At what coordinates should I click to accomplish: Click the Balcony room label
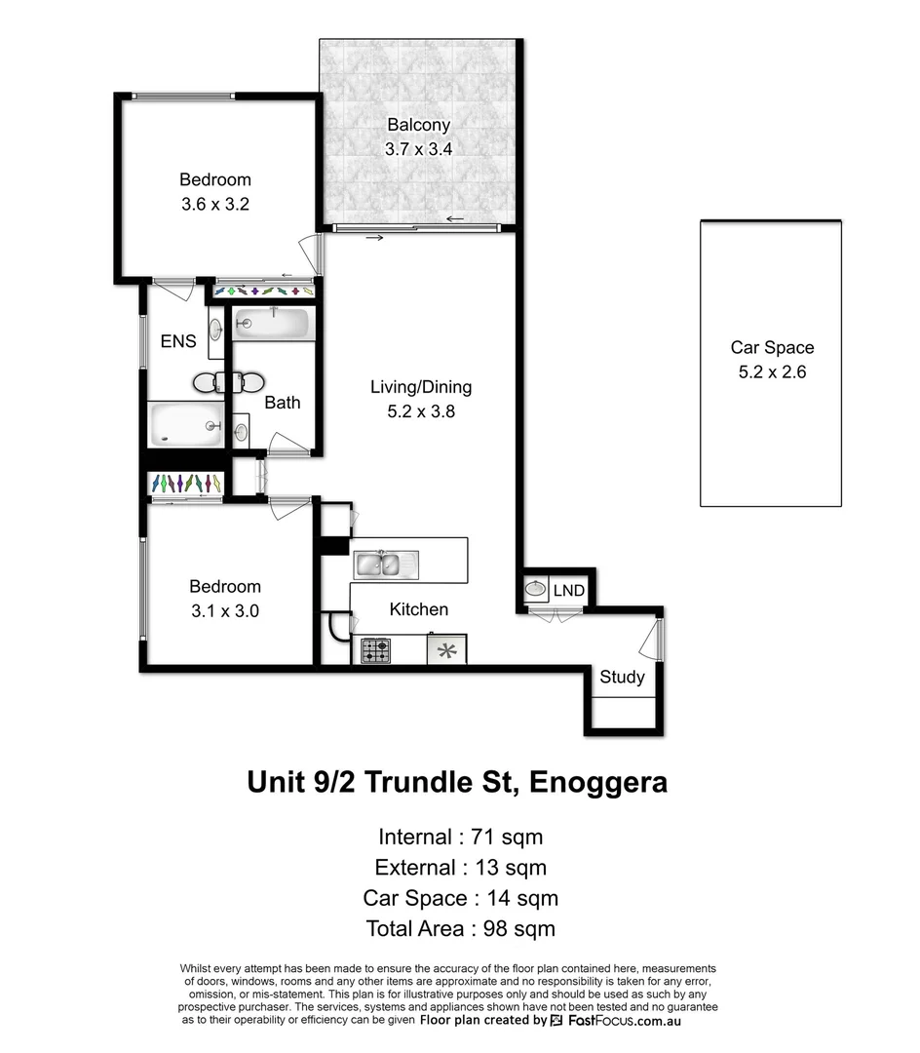coord(418,125)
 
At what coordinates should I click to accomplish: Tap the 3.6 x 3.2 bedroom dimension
coord(214,205)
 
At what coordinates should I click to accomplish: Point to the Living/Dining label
coord(420,387)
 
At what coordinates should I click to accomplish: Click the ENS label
coord(178,341)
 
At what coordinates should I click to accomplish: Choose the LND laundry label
coord(568,591)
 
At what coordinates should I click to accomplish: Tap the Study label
coord(622,677)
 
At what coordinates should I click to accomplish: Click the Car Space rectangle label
coord(772,347)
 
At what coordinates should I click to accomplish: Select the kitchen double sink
coord(385,564)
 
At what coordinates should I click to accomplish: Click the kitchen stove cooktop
coord(376,650)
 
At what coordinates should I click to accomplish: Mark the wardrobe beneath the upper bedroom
coord(263,291)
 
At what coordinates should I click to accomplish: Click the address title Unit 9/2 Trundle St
coord(457,782)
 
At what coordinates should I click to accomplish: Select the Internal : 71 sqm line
coord(460,837)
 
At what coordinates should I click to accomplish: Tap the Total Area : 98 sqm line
coord(460,928)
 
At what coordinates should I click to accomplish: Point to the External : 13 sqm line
coord(460,867)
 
